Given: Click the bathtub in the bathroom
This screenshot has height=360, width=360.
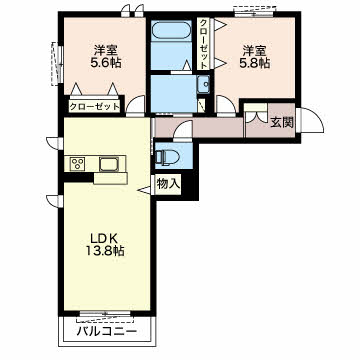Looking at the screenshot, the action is tap(172, 32).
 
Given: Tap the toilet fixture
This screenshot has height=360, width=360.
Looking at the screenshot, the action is tap(167, 156).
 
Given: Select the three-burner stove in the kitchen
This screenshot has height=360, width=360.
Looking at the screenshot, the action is tap(78, 164).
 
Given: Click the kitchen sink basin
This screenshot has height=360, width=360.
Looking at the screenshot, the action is tap(109, 164).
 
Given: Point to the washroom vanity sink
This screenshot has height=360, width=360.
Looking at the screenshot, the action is tap(202, 84).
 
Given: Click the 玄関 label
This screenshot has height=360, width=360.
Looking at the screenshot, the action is tap(282, 122).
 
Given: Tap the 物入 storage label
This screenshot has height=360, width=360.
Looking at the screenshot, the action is tap(168, 184).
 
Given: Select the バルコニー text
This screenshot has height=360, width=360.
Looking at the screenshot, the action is tap(107, 331).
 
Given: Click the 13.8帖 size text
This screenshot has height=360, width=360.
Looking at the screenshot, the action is tap(104, 251).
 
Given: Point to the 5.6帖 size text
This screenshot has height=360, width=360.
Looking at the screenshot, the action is tap(106, 62).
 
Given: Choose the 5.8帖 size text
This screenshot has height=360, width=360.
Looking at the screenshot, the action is tap(254, 63).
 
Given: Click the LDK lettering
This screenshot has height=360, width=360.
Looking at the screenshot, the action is tap(104, 238).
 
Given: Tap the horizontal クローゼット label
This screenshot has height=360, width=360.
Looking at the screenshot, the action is tap(94, 107).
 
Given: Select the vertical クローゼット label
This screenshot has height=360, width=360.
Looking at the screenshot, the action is tap(203, 43).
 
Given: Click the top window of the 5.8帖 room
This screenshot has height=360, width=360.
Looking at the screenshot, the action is tap(254, 13).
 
